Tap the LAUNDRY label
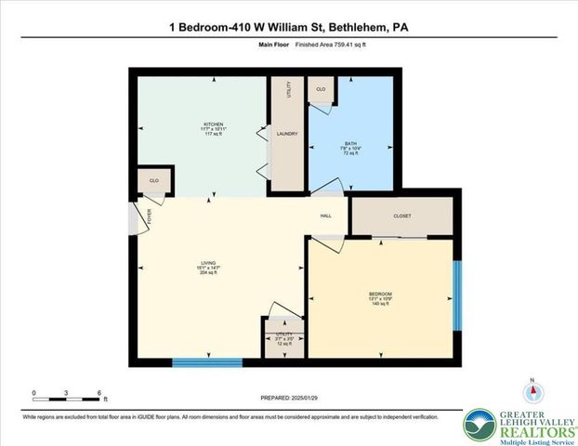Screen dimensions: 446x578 coord(286,134)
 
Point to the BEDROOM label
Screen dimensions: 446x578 coord(380,295)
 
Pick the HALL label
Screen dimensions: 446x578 coord(326,216)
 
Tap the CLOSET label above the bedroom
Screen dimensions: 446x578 coord(401,216)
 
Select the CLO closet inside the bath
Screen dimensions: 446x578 coord(321,89)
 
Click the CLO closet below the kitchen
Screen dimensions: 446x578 coord(152,180)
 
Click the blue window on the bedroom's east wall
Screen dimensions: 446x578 coord(456,295)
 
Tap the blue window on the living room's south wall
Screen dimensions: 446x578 coord(207,361)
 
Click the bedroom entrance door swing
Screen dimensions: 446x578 coord(324,243)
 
